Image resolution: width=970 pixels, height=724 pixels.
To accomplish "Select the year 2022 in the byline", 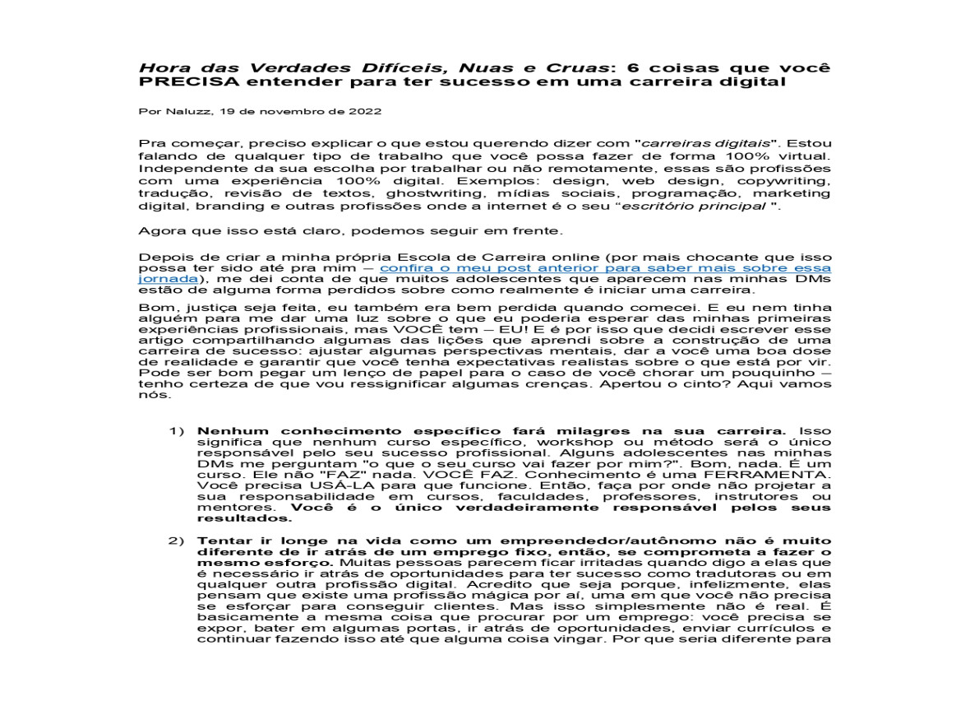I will point(365,110).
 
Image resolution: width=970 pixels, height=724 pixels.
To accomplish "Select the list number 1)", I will point(178,431).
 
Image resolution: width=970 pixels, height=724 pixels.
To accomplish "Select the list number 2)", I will point(178,541).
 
